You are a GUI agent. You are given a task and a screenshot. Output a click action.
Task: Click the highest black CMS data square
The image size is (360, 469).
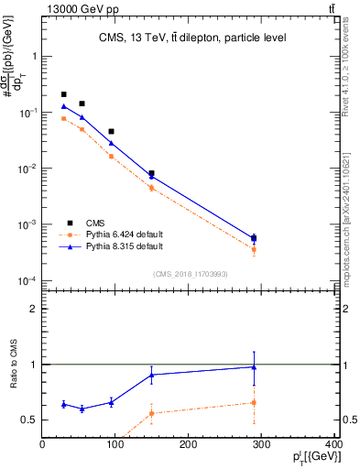click(x=64, y=94)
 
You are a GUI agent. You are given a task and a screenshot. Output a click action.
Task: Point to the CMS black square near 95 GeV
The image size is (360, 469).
click(x=112, y=132)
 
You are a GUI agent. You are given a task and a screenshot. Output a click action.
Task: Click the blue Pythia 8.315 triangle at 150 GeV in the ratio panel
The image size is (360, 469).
click(x=152, y=375)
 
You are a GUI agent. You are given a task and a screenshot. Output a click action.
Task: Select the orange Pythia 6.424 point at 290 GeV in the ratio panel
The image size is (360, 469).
click(x=254, y=402)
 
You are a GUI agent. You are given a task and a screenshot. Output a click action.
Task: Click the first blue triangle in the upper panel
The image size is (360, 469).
click(x=64, y=106)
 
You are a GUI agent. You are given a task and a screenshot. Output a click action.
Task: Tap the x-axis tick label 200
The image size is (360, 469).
click(x=189, y=445)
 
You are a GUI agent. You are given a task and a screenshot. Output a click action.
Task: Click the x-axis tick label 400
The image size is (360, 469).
click(x=333, y=445)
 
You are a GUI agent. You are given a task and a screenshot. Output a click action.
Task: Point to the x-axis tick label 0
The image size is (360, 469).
click(x=42, y=445)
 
